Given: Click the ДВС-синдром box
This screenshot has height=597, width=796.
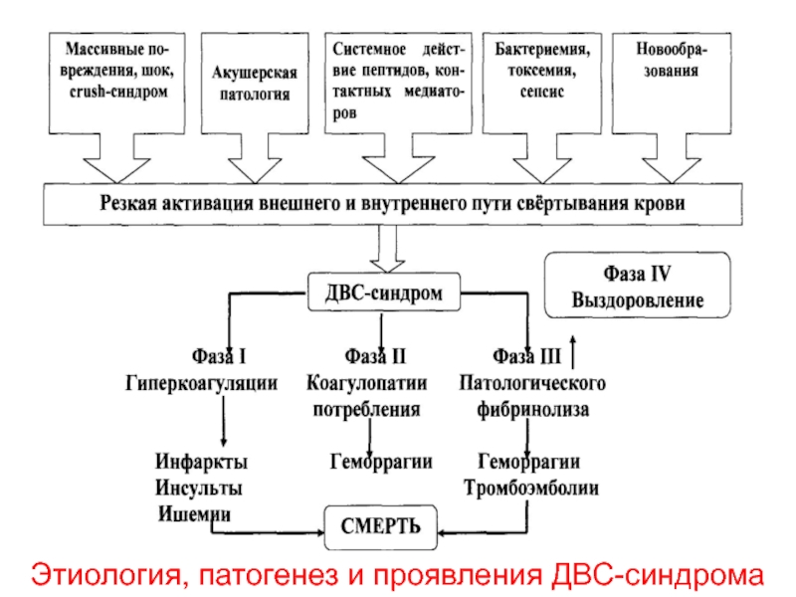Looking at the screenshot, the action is pyautogui.click(x=384, y=292).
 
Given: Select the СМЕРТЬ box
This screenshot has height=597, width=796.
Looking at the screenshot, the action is pyautogui.click(x=381, y=527).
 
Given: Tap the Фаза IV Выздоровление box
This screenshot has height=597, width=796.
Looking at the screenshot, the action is pyautogui.click(x=638, y=286).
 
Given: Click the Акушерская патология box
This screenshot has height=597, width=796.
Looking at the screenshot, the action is pyautogui.click(x=255, y=84).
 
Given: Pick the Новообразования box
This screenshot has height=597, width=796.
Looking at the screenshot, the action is pyautogui.click(x=672, y=84).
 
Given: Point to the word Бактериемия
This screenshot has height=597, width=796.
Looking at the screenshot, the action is pyautogui.click(x=542, y=49).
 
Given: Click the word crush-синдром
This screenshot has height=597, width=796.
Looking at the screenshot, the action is pyautogui.click(x=118, y=92).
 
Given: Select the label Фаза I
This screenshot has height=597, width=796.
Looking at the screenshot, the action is pyautogui.click(x=219, y=356).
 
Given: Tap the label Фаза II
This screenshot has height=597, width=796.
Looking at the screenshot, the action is pyautogui.click(x=375, y=356).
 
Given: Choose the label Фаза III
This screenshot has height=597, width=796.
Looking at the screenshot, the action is pyautogui.click(x=527, y=356).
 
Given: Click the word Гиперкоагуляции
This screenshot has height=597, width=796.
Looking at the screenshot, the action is pyautogui.click(x=202, y=383).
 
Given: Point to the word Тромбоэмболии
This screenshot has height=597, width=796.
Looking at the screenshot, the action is pyautogui.click(x=531, y=488).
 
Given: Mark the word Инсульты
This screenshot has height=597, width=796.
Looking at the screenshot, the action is pyautogui.click(x=198, y=488).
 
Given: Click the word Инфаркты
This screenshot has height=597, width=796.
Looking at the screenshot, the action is pyautogui.click(x=202, y=462).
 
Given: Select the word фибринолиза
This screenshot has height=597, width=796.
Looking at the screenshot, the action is pyautogui.click(x=532, y=409).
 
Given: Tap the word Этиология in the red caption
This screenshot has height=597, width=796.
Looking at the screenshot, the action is pyautogui.click(x=106, y=575).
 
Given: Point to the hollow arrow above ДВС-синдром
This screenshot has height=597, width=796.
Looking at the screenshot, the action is pyautogui.click(x=387, y=249).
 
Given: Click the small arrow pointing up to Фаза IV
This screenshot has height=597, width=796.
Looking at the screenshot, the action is pyautogui.click(x=573, y=352).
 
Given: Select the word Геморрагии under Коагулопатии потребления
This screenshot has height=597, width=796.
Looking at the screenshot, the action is pyautogui.click(x=381, y=462).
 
